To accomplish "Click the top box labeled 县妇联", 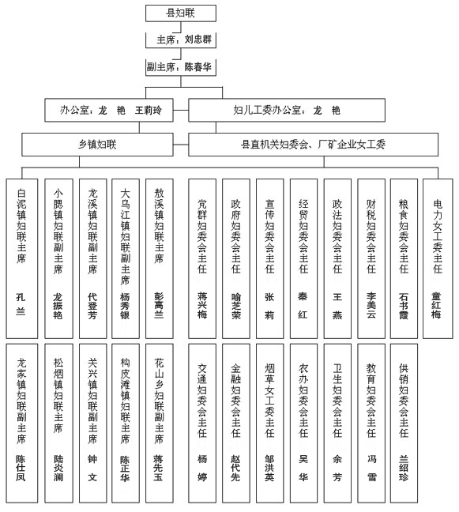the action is pyautogui.click(x=181, y=13).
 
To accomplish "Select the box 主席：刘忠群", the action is pyautogui.click(x=181, y=40).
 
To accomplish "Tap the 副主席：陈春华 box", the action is pyautogui.click(x=181, y=68).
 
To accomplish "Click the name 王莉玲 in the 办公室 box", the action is pyautogui.click(x=149, y=111).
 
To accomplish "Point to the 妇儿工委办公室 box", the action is pyautogui.click(x=287, y=110).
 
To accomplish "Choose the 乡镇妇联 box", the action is pyautogui.click(x=97, y=145).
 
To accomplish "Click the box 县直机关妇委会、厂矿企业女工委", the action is pyautogui.click(x=313, y=145).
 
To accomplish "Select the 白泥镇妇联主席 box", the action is pyautogui.click(x=22, y=258).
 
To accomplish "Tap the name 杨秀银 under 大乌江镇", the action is pyautogui.click(x=125, y=306).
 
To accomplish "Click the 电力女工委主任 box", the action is pyautogui.click(x=438, y=258).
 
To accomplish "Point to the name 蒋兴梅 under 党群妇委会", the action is pyautogui.click(x=202, y=305).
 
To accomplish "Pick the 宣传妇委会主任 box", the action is pyautogui.click(x=269, y=258).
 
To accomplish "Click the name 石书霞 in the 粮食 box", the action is pyautogui.click(x=404, y=306).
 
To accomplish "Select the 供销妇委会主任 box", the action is pyautogui.click(x=404, y=424).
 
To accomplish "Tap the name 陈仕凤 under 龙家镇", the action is pyautogui.click(x=21, y=469).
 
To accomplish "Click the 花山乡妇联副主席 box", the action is pyautogui.click(x=159, y=424).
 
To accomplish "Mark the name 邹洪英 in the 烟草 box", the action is pyautogui.click(x=269, y=469).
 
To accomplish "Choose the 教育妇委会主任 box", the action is pyautogui.click(x=371, y=424).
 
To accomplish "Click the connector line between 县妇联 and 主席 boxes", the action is pyautogui.click(x=181, y=28).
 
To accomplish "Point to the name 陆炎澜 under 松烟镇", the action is pyautogui.click(x=58, y=469).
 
